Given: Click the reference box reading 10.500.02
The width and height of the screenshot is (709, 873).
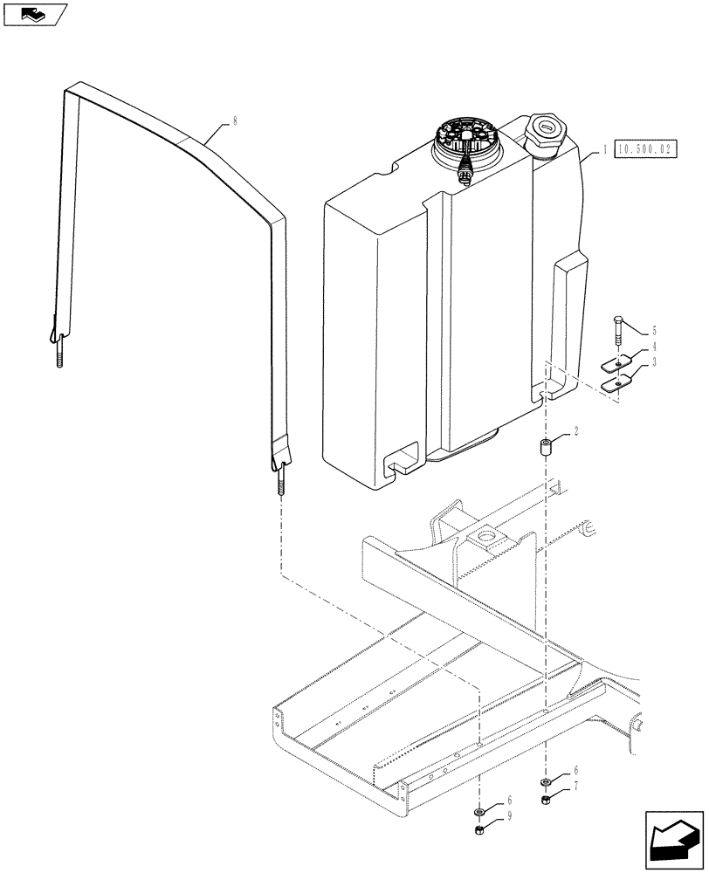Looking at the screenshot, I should (x=645, y=150).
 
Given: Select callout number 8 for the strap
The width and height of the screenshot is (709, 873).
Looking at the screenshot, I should (x=234, y=123).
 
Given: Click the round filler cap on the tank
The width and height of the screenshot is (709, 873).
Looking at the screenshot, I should (x=544, y=133).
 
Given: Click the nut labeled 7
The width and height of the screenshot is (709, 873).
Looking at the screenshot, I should (x=545, y=801).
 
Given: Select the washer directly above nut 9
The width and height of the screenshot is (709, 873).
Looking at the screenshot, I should (x=479, y=812).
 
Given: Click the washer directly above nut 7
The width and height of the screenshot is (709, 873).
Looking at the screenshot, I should (x=545, y=781).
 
